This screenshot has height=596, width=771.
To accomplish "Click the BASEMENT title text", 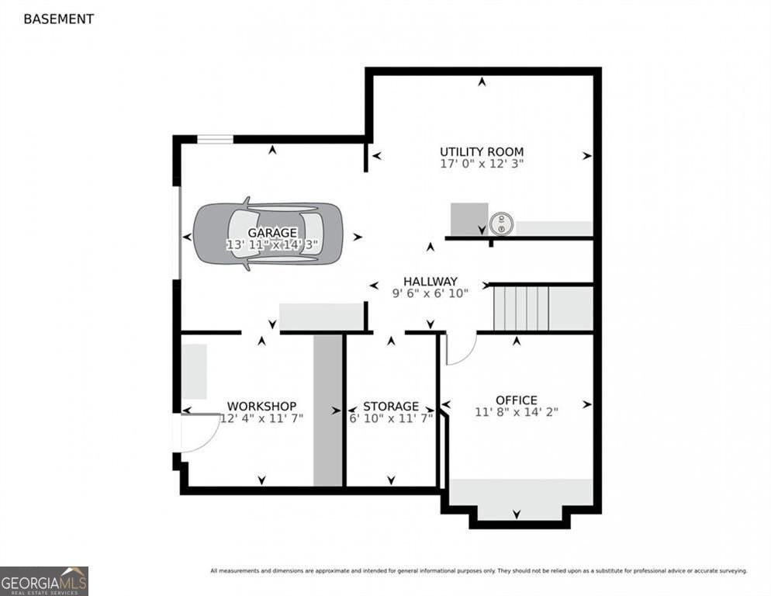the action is [58, 19].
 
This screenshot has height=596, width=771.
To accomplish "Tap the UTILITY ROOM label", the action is [482, 151].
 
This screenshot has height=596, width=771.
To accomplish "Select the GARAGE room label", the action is [272, 232].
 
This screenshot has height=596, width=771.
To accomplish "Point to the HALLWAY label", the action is [430, 281].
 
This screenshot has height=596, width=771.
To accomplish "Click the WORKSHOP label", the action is [261, 406].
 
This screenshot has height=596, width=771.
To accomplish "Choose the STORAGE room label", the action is [391, 406].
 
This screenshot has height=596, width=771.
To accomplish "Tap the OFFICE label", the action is [517, 400].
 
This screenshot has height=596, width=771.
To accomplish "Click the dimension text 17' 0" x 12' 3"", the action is [482, 164].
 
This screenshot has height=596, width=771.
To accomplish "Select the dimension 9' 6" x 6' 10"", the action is [430, 293].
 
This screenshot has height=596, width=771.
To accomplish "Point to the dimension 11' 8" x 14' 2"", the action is [517, 411].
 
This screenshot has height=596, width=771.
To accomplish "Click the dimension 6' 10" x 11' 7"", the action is [391, 418].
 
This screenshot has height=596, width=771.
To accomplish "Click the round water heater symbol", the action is [501, 224].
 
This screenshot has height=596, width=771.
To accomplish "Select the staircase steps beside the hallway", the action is [521, 309].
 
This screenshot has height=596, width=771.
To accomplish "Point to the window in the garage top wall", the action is [215, 139].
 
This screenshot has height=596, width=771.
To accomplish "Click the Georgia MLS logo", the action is [44, 581].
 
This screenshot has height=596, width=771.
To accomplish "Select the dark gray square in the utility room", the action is [469, 219].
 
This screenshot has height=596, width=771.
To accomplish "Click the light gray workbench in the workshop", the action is [194, 372].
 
